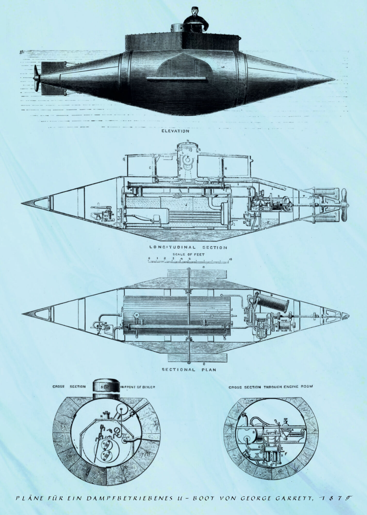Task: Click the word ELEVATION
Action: [175, 131]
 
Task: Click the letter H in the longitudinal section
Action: [225, 168]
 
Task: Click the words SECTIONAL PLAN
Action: [189, 370]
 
